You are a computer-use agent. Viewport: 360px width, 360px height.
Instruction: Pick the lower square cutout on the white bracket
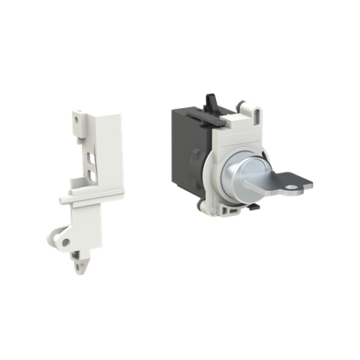[92, 170]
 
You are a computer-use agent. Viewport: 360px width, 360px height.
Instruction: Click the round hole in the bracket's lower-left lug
[67, 241]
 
